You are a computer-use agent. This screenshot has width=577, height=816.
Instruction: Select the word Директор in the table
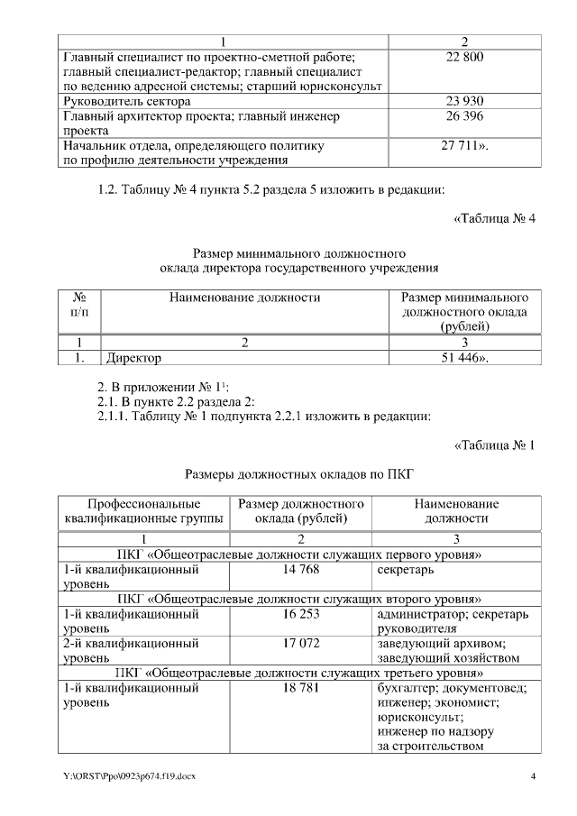(134, 358)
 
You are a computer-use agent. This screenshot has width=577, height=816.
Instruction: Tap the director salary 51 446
(464, 358)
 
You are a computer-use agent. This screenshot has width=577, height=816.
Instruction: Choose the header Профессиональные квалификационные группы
(144, 511)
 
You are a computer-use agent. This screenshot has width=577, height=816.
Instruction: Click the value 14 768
(300, 570)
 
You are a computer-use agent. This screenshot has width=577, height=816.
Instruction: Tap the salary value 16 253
(300, 614)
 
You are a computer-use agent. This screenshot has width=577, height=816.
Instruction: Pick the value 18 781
(300, 687)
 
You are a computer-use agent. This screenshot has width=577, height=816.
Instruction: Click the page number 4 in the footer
(533, 776)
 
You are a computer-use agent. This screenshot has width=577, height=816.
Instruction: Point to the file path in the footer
(124, 776)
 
